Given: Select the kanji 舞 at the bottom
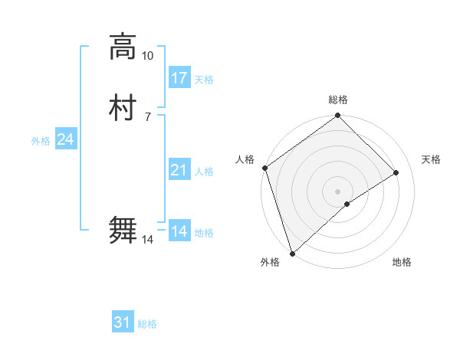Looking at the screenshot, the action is tap(123, 231).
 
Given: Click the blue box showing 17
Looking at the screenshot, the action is tap(179, 78).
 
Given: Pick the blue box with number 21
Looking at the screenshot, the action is tap(179, 171).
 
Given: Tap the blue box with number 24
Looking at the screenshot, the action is tap(66, 139).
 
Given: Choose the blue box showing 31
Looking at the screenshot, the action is tap(123, 323).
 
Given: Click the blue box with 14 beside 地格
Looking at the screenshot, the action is tap(179, 231).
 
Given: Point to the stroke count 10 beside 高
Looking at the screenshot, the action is tap(148, 56).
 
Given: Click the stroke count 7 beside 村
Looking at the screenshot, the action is tap(148, 117).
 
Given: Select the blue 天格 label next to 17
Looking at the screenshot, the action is tap(204, 80).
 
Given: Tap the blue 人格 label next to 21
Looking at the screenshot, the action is tap(204, 172).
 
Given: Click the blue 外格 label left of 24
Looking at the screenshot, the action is tap(41, 141).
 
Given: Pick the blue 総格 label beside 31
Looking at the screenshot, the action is tap(147, 325).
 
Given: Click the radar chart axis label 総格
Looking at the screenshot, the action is tap(338, 100).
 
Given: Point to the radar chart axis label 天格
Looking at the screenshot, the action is tap(432, 159).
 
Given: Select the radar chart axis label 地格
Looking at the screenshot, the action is tap(402, 263).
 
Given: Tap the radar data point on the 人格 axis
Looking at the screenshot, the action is tap(264, 168).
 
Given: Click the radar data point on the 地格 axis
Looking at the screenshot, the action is tap(347, 204).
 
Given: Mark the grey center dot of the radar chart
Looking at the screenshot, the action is tap(337, 191).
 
